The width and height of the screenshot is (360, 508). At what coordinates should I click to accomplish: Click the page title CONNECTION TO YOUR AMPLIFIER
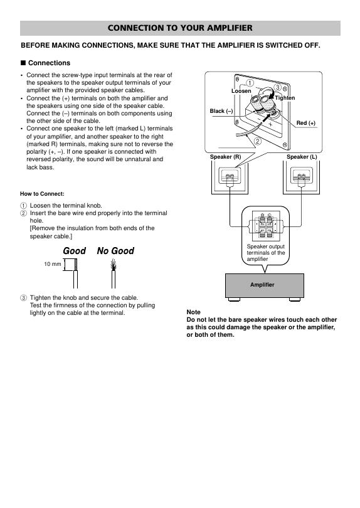coord(180,28)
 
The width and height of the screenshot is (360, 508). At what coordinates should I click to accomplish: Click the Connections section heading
coord(49,63)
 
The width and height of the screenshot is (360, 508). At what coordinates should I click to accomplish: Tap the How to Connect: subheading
coord(42,194)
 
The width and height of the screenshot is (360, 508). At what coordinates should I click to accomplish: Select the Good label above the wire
coord(74,251)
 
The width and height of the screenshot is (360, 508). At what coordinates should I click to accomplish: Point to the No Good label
coord(115,251)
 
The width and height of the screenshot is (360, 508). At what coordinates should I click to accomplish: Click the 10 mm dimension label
coord(53,264)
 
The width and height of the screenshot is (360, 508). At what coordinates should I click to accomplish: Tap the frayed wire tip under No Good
coord(113,265)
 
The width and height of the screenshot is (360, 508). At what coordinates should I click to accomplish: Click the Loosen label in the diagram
coord(241,91)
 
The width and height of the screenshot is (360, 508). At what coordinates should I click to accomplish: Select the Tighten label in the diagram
coord(285,98)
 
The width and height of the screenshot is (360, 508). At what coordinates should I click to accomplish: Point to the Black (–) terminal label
coord(221,111)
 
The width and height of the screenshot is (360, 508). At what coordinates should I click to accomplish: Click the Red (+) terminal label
coord(306,123)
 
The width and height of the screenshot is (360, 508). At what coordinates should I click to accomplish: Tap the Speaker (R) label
coord(226,157)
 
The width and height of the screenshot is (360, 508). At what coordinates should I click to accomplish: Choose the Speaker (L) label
coord(302,157)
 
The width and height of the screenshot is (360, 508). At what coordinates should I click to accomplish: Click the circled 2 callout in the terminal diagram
coord(258,141)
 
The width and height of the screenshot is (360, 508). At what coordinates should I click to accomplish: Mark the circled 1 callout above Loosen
coord(250,83)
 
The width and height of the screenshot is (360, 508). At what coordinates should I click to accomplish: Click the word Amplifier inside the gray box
coord(262,285)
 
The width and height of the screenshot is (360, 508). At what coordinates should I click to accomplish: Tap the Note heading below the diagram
coord(193,312)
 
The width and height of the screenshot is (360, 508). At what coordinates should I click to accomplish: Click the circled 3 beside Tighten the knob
coord(23,298)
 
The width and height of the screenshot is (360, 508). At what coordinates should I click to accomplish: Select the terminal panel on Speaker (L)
coord(301,175)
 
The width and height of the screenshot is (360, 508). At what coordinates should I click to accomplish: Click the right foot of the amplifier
coord(295,299)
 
